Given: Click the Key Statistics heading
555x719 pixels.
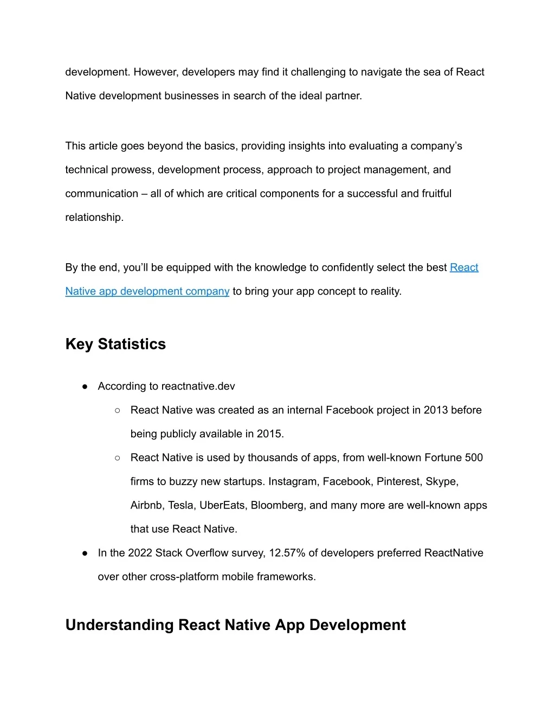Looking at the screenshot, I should [115, 344].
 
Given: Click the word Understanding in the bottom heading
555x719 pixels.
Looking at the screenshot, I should [120, 625].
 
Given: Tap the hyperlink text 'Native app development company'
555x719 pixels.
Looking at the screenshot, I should [147, 291].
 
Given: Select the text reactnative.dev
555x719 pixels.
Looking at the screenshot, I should [198, 386].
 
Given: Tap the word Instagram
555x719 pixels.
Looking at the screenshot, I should [292, 482].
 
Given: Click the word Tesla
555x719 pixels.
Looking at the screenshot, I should [180, 506].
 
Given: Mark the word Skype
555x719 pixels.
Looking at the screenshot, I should [442, 482].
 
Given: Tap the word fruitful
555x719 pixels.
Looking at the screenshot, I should [436, 194].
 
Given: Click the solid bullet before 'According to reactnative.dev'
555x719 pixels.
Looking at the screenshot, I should [85, 387].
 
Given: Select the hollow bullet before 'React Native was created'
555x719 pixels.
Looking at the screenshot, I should [118, 411].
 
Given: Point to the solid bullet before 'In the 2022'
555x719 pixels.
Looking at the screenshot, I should [85, 553].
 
